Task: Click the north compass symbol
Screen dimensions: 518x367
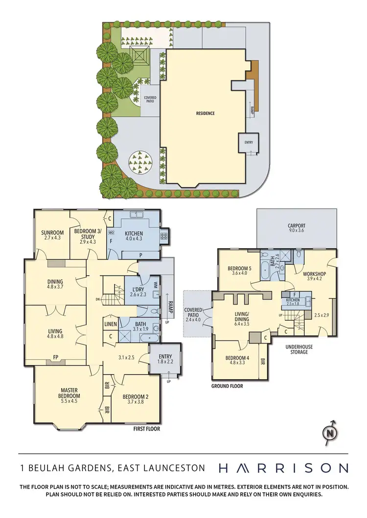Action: click(x=331, y=432)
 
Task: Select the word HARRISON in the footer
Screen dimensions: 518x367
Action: click(x=283, y=468)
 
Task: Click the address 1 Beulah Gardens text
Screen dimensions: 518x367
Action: click(x=113, y=468)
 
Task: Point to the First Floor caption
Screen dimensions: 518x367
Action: click(x=147, y=429)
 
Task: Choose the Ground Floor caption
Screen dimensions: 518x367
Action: click(x=227, y=386)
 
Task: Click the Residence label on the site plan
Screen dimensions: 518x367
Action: click(x=206, y=113)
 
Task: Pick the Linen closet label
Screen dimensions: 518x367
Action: click(x=110, y=324)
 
